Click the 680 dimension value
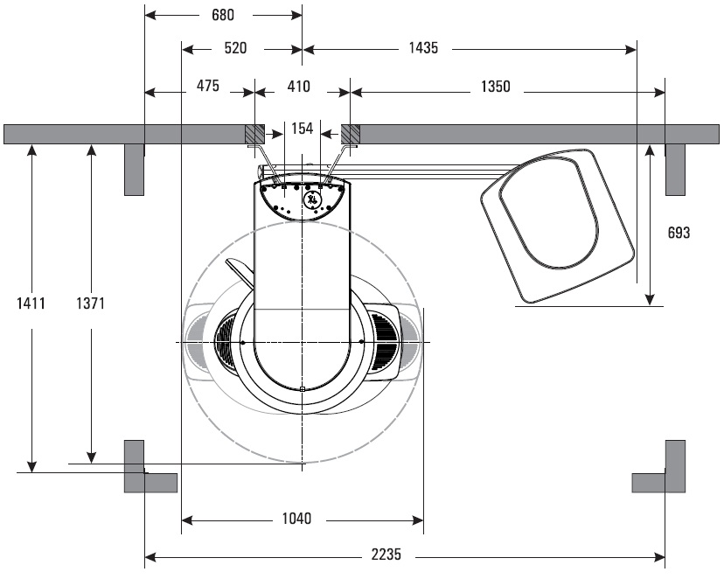click(x=223, y=15)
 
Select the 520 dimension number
click(x=235, y=48)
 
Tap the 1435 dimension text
click(x=423, y=48)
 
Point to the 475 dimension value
click(x=208, y=86)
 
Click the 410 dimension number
click(x=298, y=87)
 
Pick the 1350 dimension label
click(x=496, y=87)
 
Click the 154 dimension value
click(x=302, y=129)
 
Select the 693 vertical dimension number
click(x=679, y=233)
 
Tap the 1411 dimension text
click(x=31, y=303)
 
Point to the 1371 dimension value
click(x=91, y=303)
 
